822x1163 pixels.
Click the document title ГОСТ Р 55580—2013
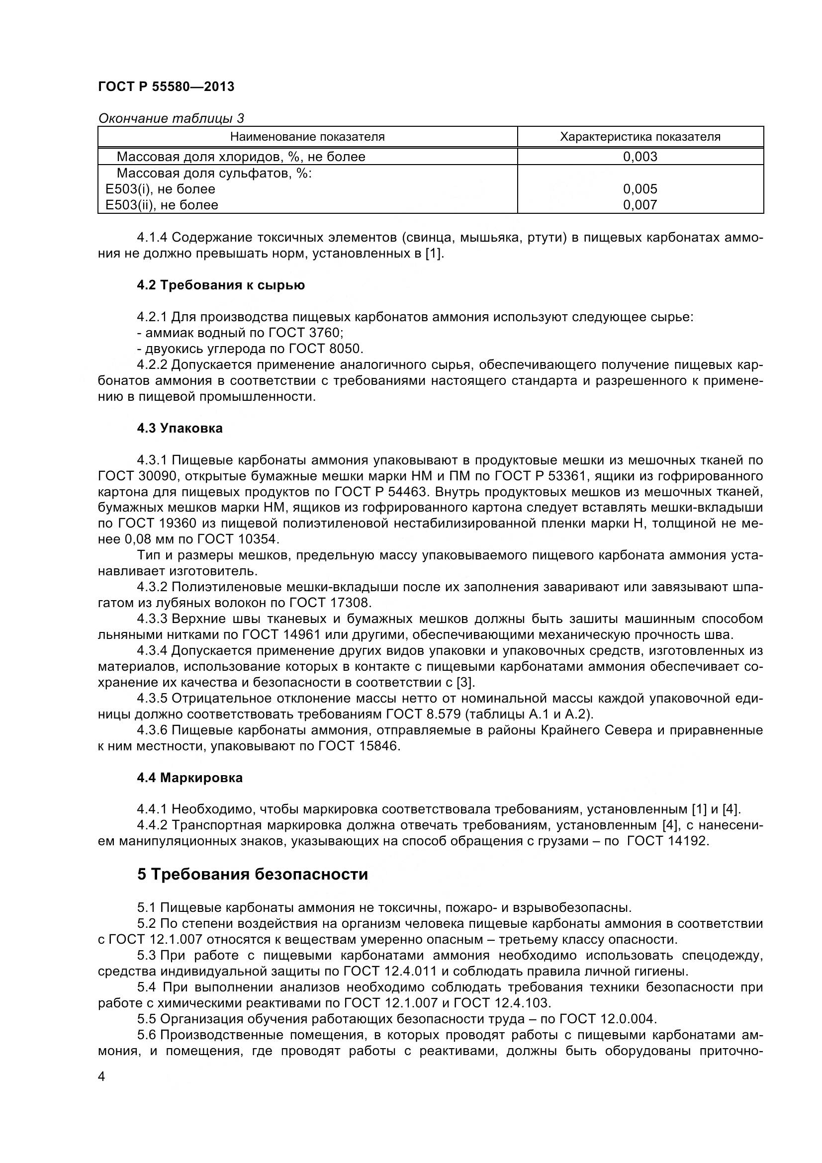[x=166, y=87]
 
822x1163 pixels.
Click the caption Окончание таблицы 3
[x=171, y=118]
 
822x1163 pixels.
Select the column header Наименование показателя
[x=307, y=137]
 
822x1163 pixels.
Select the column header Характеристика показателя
[x=639, y=137]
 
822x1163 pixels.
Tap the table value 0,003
[x=639, y=157]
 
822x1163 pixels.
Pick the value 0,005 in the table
[x=639, y=189]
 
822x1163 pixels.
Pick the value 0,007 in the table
[x=639, y=205]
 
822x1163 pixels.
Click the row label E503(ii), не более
[x=162, y=205]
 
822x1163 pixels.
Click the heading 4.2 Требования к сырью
[x=221, y=285]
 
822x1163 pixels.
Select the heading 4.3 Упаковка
[x=180, y=428]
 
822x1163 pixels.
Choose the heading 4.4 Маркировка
[x=189, y=778]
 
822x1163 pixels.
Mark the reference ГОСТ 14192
[x=667, y=841]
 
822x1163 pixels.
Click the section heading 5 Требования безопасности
[x=252, y=874]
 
